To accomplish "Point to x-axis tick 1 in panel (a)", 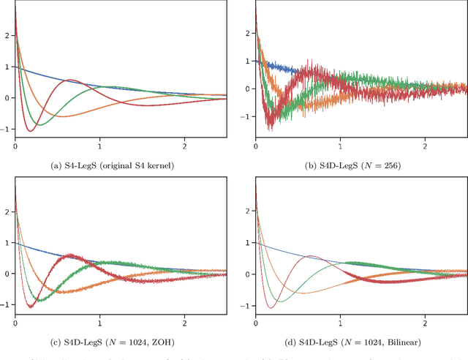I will pos(100,147).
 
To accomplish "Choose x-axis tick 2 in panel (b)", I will pos(425,147).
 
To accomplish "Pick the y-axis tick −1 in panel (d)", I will pos(247,306).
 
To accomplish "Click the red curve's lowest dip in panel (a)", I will pos(29,131).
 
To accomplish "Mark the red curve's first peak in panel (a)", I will pos(70,80).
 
